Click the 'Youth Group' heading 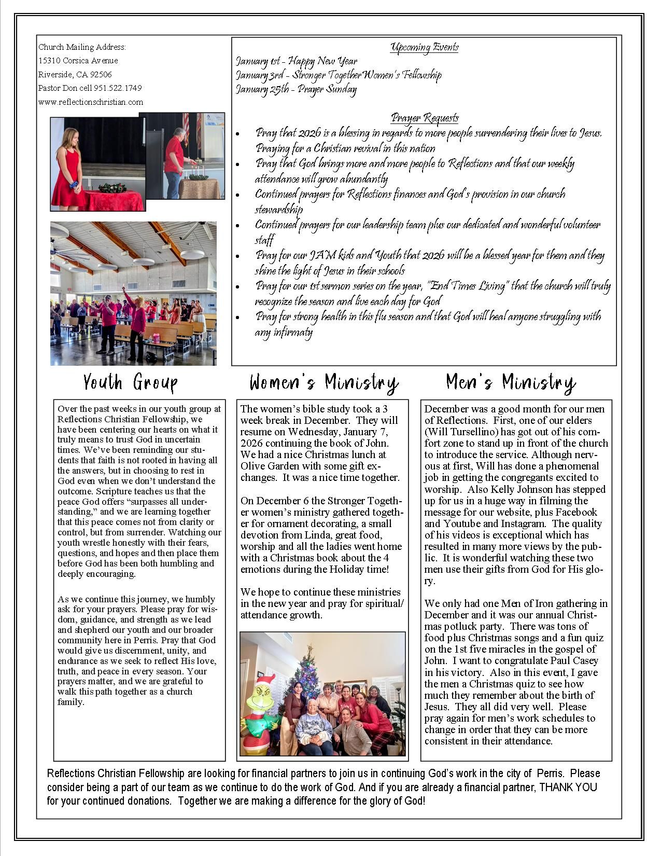click(130, 383)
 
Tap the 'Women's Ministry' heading click(324, 383)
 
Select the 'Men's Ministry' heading click(511, 383)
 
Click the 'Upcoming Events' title click(425, 48)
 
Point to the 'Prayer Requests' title click(425, 118)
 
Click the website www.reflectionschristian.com click(91, 102)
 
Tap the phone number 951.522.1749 click(118, 88)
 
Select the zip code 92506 click(101, 75)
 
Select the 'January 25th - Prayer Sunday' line click(296, 89)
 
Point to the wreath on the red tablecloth click(112, 188)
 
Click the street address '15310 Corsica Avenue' click(78, 61)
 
